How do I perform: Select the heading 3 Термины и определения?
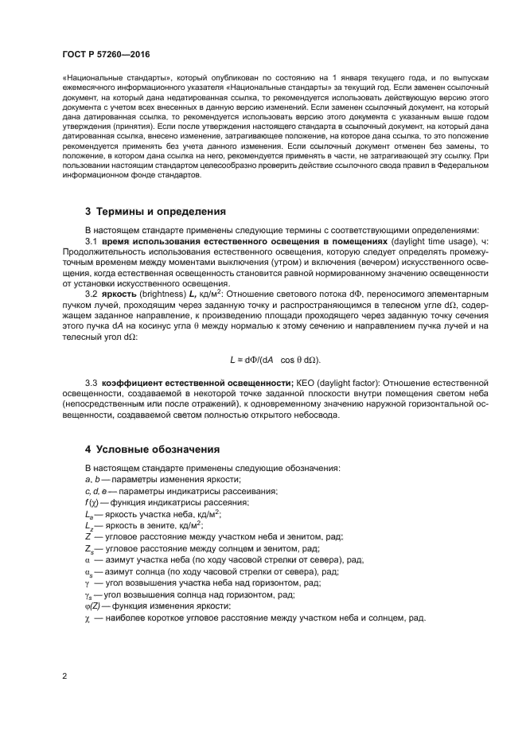coord(155,212)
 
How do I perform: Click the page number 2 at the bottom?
coord(64,676)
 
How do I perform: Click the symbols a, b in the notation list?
coord(93,480)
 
